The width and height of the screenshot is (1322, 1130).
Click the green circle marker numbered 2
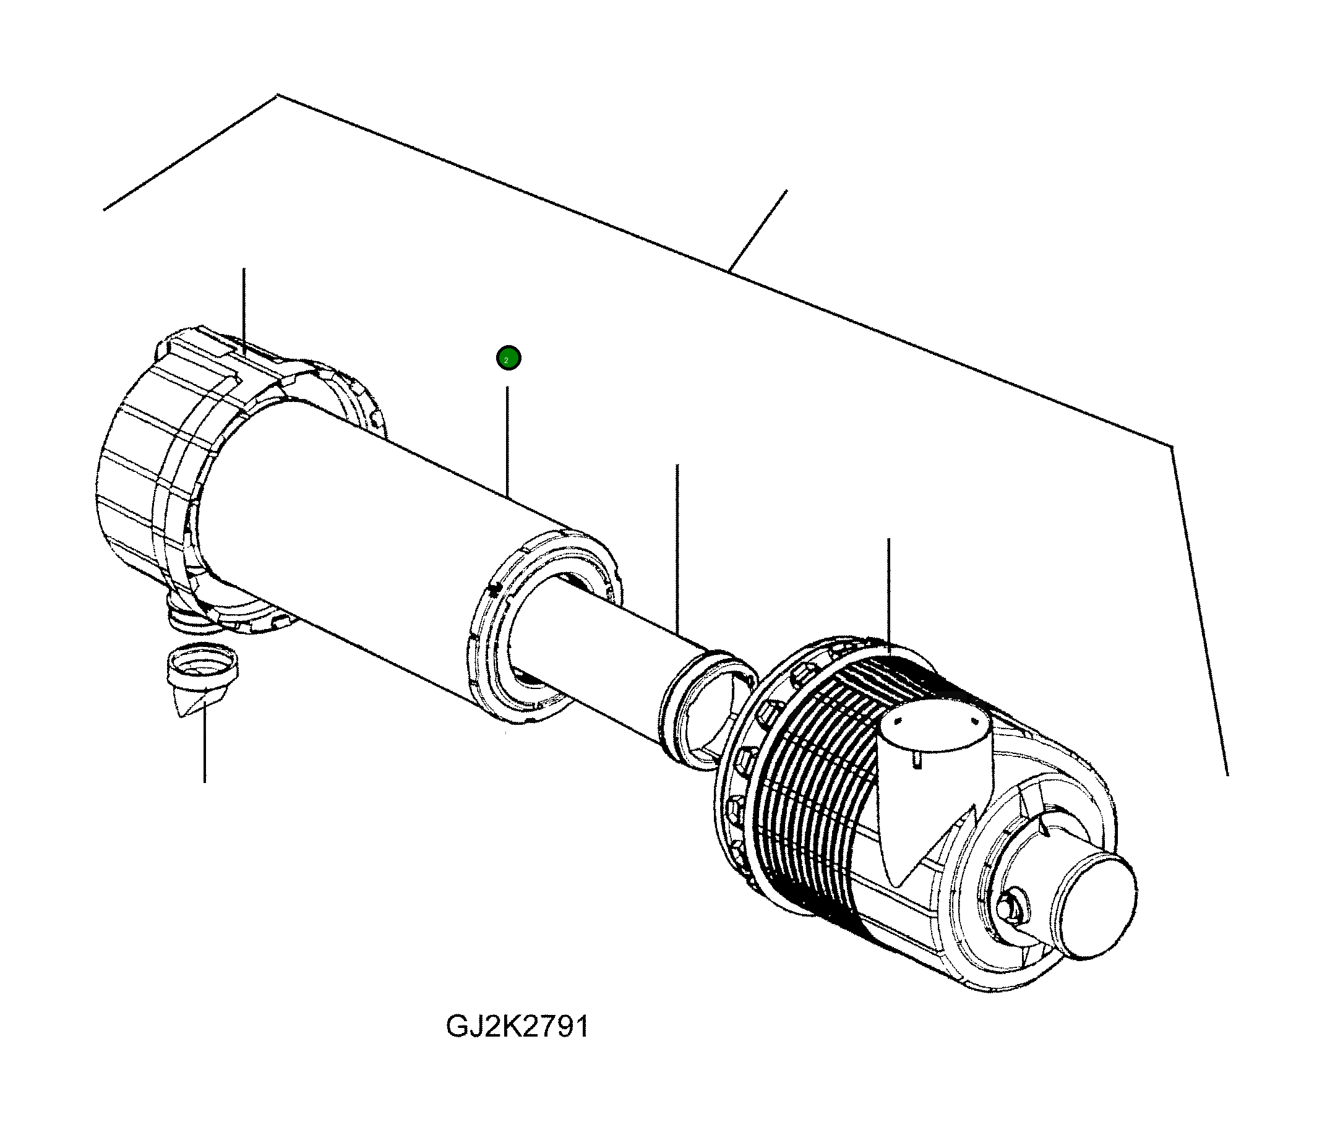click(x=509, y=358)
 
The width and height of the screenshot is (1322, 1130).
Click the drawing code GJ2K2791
click(x=517, y=1027)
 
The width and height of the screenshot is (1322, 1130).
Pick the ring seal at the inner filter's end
click(x=705, y=708)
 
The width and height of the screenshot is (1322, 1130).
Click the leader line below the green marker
click(x=507, y=440)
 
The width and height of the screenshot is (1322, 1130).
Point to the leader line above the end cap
click(x=244, y=306)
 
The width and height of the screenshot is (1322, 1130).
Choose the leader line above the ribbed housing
click(x=889, y=593)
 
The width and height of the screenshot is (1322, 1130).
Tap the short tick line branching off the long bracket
click(x=758, y=229)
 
